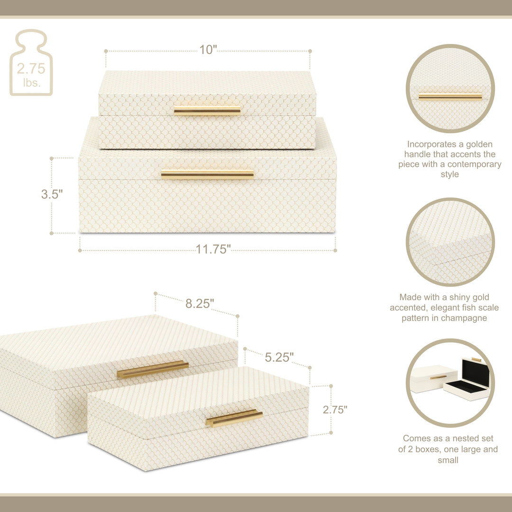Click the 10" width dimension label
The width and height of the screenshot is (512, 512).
[208, 50]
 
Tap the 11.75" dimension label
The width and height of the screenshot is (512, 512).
[213, 249]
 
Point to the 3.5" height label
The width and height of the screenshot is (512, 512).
[52, 194]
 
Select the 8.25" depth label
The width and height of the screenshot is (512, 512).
[200, 304]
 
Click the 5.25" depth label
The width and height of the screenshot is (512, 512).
[279, 357]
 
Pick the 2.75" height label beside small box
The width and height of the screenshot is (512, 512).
[335, 410]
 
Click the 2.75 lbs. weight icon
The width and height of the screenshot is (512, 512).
[31, 63]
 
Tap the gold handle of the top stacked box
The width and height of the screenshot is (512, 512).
[207, 111]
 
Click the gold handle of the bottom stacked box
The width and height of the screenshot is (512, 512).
[207, 174]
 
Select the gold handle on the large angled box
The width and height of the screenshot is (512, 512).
[153, 369]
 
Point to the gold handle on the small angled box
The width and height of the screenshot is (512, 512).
[234, 418]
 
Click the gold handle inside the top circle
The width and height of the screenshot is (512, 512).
[450, 96]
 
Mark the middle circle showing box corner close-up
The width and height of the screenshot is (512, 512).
[450, 242]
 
